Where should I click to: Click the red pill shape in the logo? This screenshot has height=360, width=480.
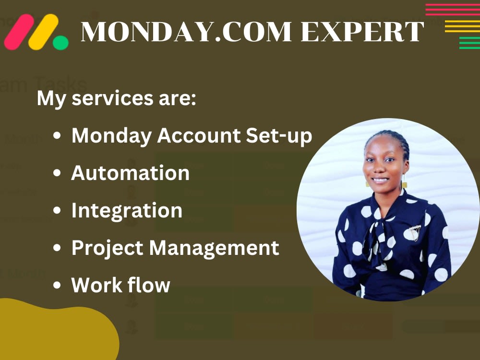19,32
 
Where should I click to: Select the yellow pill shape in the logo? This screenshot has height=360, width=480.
43,32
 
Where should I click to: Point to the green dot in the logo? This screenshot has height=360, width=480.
60,42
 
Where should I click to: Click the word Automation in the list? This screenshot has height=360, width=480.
130,173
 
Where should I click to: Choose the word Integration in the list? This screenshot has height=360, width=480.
127,210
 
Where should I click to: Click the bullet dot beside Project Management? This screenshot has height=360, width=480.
57,248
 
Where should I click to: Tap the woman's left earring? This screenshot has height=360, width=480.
404,184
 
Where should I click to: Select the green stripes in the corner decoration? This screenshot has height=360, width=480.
469,43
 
